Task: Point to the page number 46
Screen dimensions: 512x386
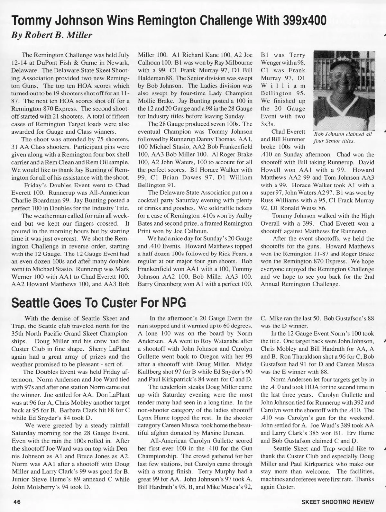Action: (17, 502)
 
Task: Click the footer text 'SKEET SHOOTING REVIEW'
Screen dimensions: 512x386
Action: (338, 502)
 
